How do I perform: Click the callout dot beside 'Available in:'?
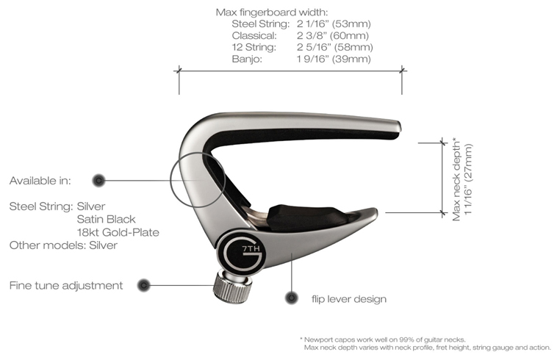point(98,180)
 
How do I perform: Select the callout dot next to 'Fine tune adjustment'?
point(143,285)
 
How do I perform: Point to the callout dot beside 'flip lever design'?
point(291,298)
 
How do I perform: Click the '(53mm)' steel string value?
point(351,24)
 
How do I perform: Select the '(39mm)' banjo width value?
point(351,59)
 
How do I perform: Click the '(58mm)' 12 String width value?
point(353,47)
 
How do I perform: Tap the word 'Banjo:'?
point(247,59)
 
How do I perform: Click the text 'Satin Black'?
point(107,219)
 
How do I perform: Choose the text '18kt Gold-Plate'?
point(118,232)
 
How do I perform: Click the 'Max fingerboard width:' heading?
point(272,12)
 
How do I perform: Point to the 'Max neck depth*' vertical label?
point(456,180)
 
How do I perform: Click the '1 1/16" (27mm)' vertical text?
point(468,179)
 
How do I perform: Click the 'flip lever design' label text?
point(349,299)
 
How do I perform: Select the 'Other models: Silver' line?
point(63,245)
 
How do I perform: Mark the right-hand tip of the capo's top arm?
point(400,127)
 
